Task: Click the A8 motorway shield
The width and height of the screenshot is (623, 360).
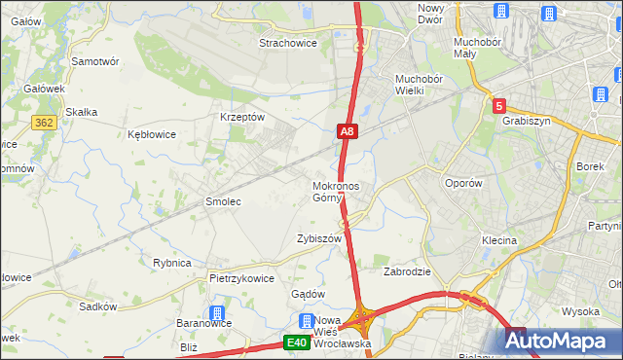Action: pos(348,130)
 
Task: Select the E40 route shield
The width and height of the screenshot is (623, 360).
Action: pos(297,342)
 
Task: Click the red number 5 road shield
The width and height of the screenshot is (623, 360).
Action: pos(498,106)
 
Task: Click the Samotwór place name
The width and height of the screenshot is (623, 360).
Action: pos(95,60)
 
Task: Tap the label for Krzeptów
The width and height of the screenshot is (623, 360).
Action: pos(242,116)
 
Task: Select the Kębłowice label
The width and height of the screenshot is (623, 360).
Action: pos(152,134)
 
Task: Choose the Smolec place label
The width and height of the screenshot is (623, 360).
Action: pos(222,201)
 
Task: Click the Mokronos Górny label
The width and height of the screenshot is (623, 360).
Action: pos(336,192)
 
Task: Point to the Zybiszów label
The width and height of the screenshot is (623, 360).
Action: pos(319,238)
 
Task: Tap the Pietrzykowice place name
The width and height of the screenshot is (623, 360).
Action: pos(241,277)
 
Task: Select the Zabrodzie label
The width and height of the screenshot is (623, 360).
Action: pos(407,271)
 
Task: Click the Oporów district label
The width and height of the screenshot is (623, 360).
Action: pos(462,183)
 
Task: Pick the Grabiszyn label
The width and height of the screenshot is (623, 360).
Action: pos(527,122)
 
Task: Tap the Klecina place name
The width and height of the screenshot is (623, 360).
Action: pos(498,239)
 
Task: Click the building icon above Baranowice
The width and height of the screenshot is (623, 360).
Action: pos(216,313)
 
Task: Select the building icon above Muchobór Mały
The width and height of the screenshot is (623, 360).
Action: pos(500,12)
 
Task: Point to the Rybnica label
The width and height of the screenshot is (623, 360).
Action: pos(172,263)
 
